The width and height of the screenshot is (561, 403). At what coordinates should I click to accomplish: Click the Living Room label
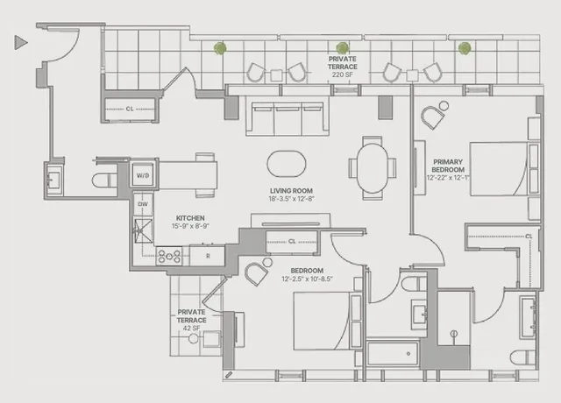tap(292, 190)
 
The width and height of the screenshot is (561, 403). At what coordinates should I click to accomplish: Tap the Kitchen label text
tap(190, 217)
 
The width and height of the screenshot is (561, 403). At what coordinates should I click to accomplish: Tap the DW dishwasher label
tap(142, 204)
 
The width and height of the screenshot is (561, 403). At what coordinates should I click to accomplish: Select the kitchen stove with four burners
tap(168, 257)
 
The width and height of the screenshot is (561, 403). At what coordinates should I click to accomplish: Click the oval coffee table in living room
tap(288, 163)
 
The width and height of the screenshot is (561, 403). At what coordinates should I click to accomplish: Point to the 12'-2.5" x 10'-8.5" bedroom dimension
tap(307, 279)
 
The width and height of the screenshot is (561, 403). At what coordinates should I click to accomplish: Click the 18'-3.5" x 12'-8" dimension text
tap(292, 200)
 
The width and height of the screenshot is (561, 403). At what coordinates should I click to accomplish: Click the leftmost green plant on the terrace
tap(222, 48)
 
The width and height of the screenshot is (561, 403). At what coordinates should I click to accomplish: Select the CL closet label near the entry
tap(129, 110)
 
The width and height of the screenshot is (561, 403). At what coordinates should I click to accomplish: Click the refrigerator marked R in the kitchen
tap(207, 255)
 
